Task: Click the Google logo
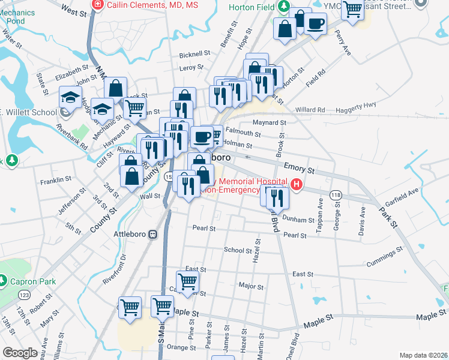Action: coord(20,353)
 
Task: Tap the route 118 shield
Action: coord(336,196)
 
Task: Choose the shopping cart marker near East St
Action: coord(188,281)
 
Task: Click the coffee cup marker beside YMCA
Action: coord(315,24)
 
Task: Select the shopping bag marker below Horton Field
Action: coord(285,28)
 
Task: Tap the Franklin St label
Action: coord(56,179)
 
